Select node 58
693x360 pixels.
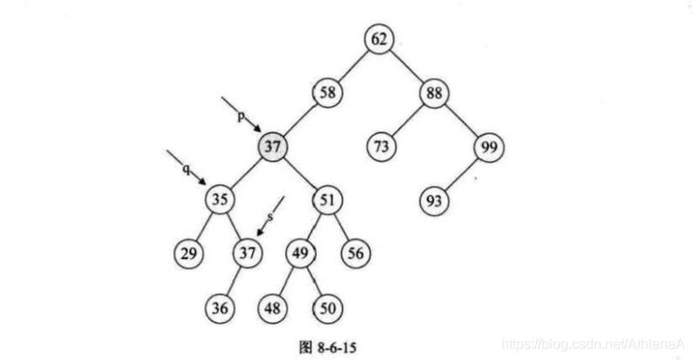click(328, 92)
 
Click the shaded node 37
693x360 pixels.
click(273, 146)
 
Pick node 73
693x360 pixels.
click(381, 146)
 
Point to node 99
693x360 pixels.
click(486, 146)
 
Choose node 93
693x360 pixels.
click(435, 200)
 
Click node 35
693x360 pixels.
click(220, 200)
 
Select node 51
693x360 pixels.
click(327, 200)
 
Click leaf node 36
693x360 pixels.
click(220, 308)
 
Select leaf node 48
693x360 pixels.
click(273, 308)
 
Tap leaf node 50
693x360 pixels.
click(326, 308)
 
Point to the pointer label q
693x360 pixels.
click(186, 168)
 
